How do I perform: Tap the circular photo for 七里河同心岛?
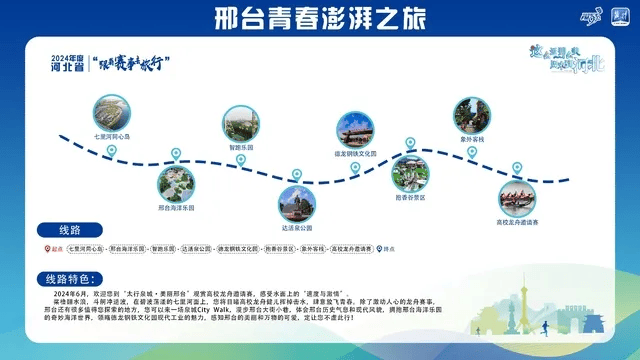tap(112, 112)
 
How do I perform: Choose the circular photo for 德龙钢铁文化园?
tap(355, 131)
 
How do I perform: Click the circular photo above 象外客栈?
tap(472, 116)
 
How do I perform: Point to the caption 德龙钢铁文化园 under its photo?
tap(355, 154)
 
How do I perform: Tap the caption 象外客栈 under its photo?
tap(472, 139)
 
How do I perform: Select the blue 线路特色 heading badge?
tap(74, 278)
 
